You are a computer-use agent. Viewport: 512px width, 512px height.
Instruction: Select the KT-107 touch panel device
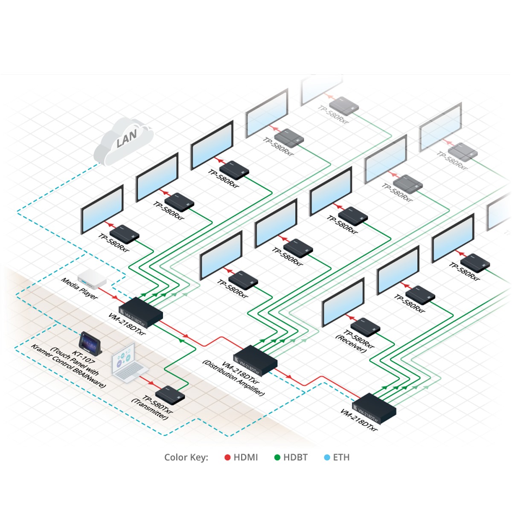(x=90, y=342)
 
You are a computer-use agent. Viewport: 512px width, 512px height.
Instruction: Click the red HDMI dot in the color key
(x=227, y=457)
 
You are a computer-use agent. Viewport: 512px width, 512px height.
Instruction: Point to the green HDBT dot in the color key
(x=277, y=457)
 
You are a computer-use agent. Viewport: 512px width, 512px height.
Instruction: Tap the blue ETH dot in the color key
(x=327, y=457)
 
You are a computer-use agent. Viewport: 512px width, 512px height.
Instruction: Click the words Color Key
(x=186, y=457)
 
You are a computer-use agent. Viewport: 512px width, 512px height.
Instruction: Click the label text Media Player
(x=79, y=288)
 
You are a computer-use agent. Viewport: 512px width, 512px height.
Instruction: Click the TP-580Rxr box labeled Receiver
(x=365, y=327)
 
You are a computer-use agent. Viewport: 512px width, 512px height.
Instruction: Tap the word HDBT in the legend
(x=295, y=457)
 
